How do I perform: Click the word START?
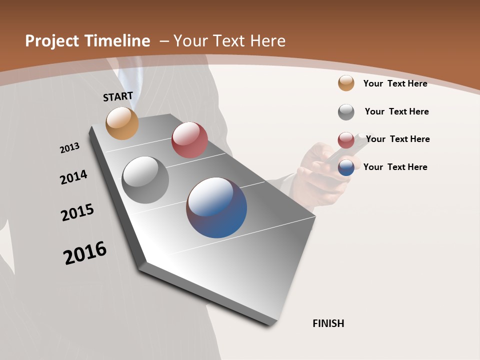(x=118, y=96)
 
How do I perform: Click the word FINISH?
(x=328, y=323)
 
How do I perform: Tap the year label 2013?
(x=69, y=148)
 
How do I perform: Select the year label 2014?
(x=73, y=177)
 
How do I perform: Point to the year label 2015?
(x=77, y=212)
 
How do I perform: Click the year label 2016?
(x=85, y=252)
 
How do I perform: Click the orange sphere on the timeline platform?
(x=122, y=123)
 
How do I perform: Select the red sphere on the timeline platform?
(x=189, y=140)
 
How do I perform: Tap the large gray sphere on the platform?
(x=145, y=180)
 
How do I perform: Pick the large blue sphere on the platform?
(x=216, y=207)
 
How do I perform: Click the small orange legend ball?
(x=346, y=83)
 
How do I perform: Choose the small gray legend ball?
(x=346, y=112)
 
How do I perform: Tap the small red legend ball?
(x=346, y=140)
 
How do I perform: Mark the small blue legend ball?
(x=346, y=167)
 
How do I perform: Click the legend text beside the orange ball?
(x=395, y=83)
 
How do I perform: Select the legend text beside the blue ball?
(x=395, y=167)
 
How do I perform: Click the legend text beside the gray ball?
(x=396, y=111)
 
